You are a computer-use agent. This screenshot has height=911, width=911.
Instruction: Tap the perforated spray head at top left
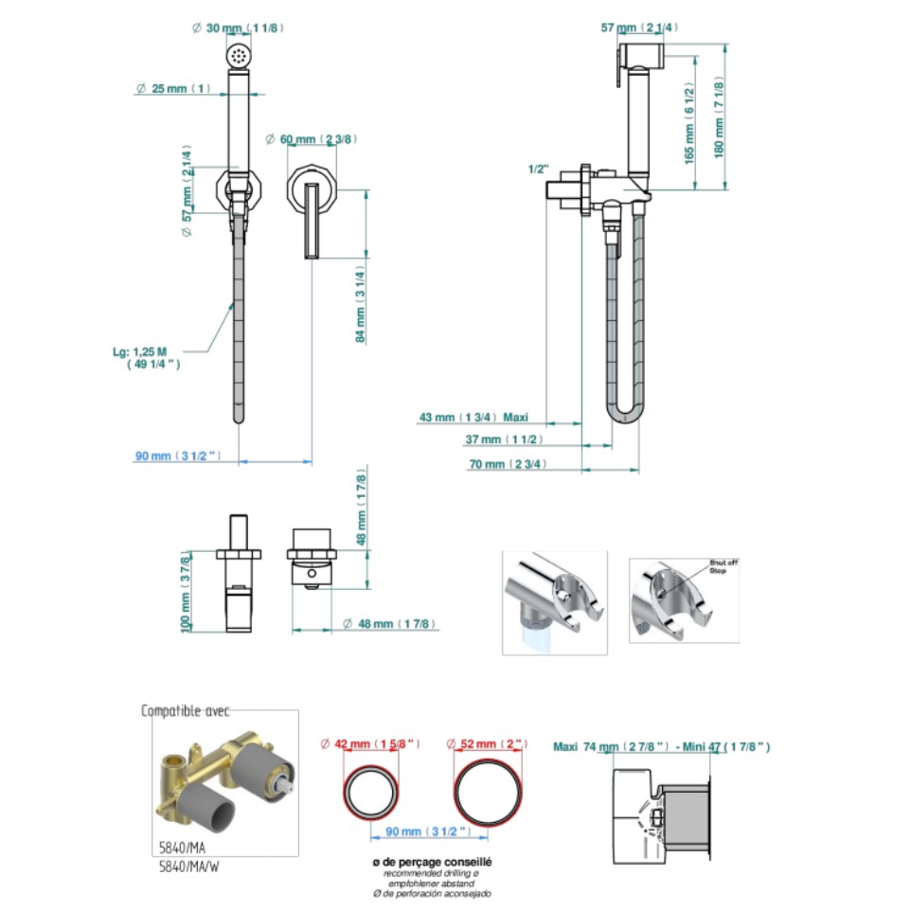238,56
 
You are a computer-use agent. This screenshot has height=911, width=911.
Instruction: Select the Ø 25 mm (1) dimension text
172,88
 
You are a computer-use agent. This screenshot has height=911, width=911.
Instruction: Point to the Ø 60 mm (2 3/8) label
312,139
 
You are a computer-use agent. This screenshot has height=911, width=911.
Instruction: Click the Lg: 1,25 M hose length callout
147,357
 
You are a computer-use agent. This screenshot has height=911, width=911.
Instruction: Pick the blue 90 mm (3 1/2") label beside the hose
178,456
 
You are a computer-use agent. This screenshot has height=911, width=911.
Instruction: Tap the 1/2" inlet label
539,170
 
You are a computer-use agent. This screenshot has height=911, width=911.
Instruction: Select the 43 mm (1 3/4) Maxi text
473,416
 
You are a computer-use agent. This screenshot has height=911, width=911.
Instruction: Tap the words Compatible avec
186,711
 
